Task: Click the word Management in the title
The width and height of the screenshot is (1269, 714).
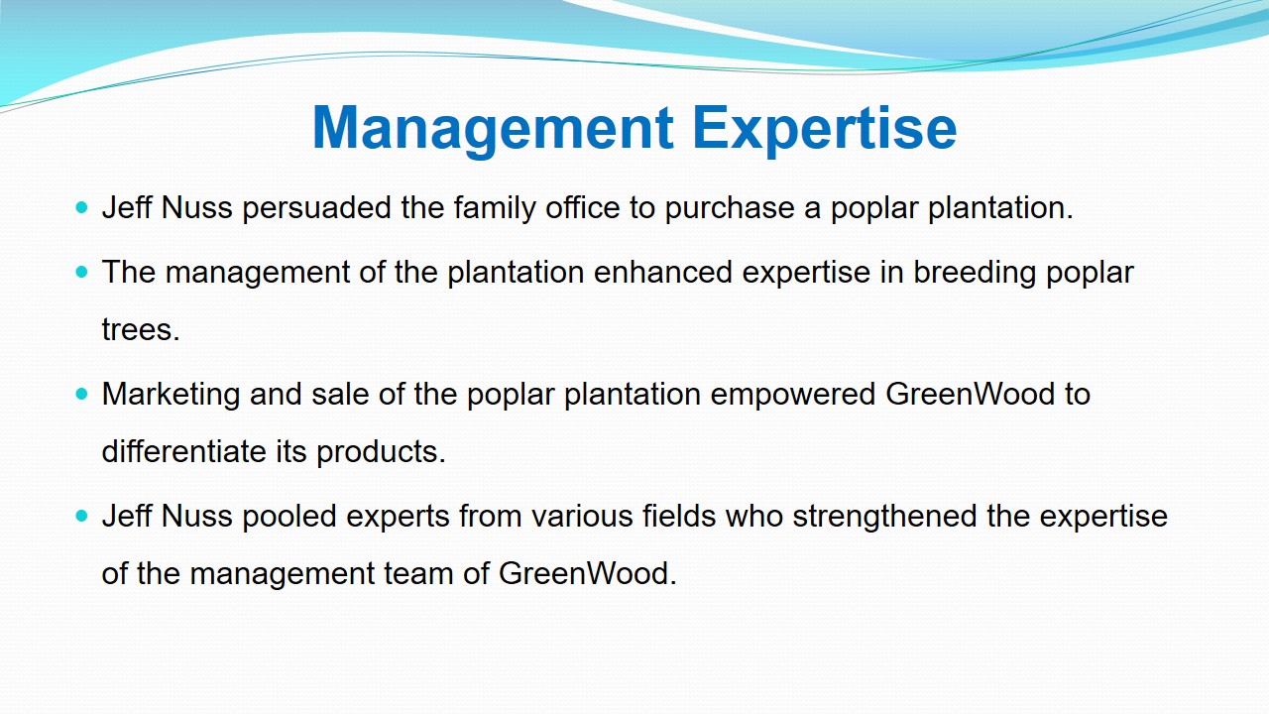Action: (493, 129)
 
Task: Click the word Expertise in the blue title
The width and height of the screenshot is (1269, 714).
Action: (824, 129)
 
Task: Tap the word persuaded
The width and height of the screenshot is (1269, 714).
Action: (316, 208)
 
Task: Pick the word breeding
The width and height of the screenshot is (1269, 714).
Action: (975, 273)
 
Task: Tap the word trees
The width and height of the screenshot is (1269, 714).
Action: (141, 330)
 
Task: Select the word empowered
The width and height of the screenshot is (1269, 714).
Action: (793, 395)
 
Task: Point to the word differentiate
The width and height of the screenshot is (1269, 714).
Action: (184, 451)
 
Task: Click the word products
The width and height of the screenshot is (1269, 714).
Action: (382, 452)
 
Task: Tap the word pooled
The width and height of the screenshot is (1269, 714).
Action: (289, 517)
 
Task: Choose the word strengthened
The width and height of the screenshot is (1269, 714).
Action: (884, 517)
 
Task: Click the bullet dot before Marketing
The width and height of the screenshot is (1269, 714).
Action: (81, 394)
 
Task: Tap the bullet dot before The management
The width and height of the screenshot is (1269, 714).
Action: (81, 272)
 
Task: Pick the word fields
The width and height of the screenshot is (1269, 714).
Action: (679, 517)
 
